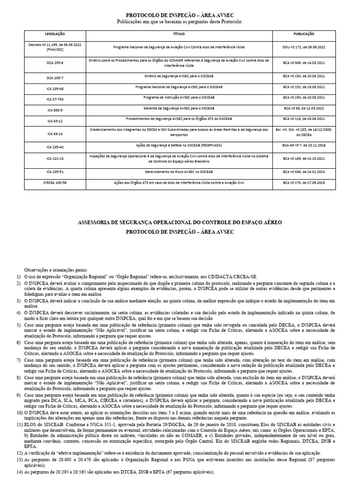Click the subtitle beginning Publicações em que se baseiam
pos(180,22)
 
